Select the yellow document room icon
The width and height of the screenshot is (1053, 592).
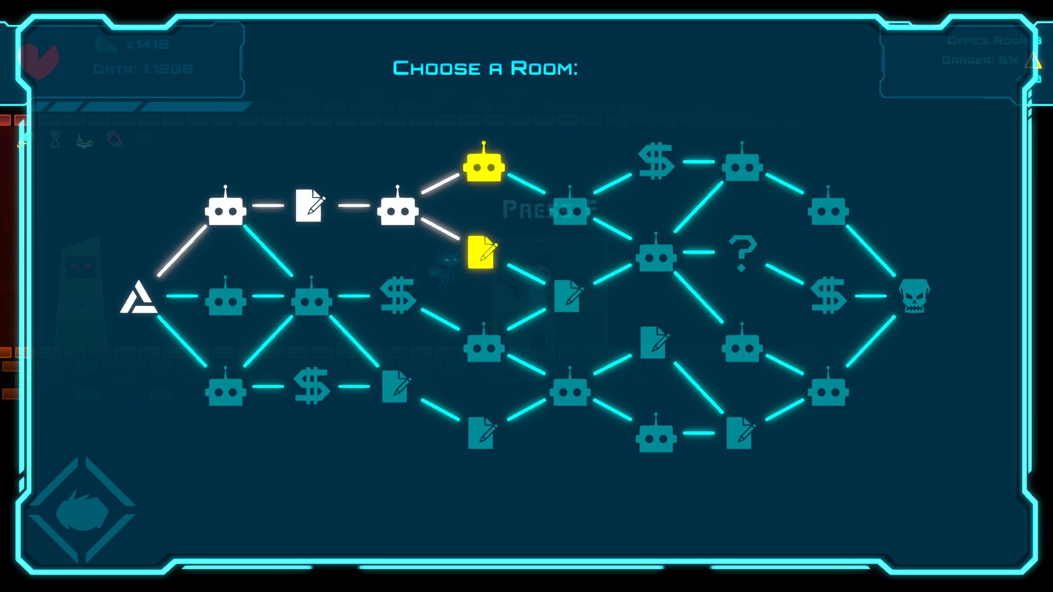(481, 252)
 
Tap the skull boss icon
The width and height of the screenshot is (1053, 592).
(914, 296)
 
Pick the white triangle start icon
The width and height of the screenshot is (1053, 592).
(139, 298)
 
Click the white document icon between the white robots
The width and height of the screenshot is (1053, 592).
(309, 205)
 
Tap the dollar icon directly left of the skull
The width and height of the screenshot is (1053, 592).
(828, 295)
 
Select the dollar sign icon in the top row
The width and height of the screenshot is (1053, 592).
(656, 161)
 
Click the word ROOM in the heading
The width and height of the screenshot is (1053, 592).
(544, 68)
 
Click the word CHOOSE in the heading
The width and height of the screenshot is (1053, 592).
(436, 68)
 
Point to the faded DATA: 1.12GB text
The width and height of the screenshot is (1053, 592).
(143, 69)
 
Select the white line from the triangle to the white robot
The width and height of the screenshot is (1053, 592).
(182, 250)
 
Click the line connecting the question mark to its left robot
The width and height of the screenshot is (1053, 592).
(698, 252)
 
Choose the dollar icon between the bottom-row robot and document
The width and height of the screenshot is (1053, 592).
(311, 386)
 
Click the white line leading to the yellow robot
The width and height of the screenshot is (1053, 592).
(440, 183)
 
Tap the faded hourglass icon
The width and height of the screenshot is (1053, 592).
(55, 140)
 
